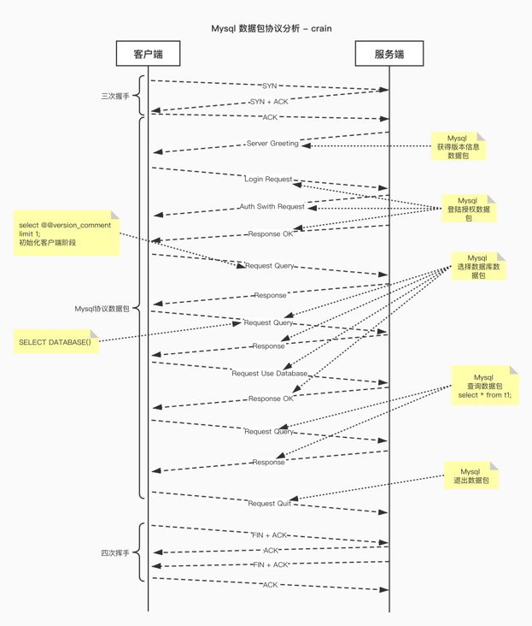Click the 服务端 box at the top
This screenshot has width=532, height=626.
389,54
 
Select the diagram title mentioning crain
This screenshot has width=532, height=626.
272,28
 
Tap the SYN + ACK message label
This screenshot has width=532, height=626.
269,102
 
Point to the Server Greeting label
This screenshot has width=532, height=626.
272,144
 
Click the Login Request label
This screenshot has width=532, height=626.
268,180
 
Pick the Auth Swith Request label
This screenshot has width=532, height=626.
272,207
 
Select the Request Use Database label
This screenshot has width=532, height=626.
269,374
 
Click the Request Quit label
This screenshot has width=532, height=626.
269,504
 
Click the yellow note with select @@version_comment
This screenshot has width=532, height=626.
66,233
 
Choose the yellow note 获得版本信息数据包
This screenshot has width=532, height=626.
458,147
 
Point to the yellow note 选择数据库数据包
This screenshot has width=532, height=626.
477,266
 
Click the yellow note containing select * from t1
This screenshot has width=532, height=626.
484,386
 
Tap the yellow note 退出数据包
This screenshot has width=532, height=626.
471,476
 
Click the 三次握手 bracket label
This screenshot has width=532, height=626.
115,97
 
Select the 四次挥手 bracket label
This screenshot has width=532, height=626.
115,553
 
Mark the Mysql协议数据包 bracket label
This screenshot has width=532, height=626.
102,309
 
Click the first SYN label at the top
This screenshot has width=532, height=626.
269,86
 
